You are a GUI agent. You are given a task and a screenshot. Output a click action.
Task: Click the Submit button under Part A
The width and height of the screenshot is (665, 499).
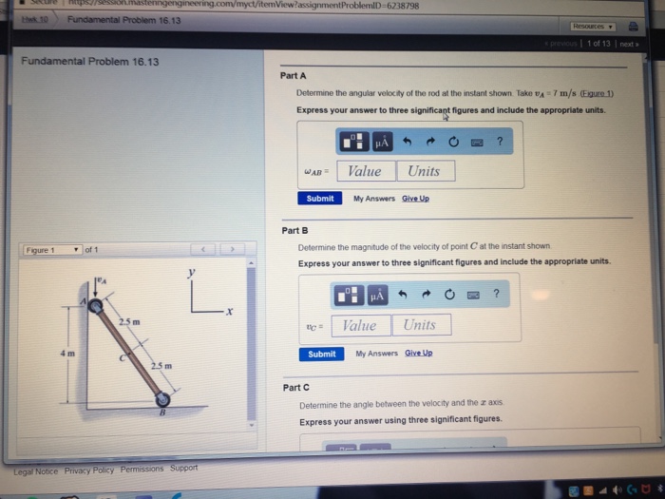coord(320,199)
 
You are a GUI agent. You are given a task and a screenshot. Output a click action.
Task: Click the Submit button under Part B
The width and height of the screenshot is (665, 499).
coord(322,354)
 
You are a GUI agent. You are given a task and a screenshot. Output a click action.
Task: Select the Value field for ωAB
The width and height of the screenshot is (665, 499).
coord(365,171)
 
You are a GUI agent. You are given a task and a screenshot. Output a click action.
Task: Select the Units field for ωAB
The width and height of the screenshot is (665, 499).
coord(424,171)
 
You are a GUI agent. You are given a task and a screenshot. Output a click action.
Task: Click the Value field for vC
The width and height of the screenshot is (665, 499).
coord(359,325)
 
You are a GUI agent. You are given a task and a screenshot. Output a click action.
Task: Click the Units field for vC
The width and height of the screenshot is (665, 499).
coord(419,325)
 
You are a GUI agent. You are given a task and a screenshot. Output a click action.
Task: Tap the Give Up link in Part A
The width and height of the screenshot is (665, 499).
coord(415,199)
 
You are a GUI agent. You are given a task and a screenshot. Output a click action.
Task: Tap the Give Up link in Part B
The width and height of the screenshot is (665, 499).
coord(418,354)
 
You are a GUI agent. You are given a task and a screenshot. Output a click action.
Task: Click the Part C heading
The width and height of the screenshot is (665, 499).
coord(296,388)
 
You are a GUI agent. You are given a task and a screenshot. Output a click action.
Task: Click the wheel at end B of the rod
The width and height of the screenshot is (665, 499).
coord(163,399)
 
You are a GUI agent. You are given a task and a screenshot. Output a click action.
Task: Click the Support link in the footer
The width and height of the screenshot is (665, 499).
coord(183,468)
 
